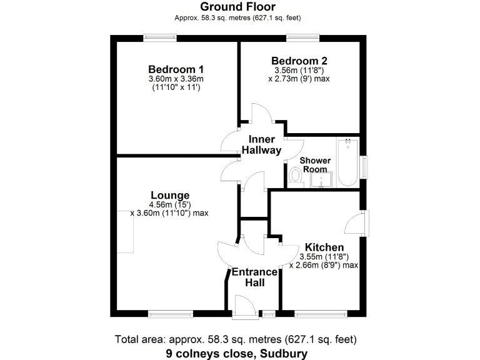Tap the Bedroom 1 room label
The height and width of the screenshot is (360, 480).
point(177,69)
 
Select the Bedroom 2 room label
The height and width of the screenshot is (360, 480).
point(299,61)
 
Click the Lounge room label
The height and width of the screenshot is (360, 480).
point(169,196)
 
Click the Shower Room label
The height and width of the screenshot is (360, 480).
point(315,165)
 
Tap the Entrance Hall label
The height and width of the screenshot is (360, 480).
point(254,277)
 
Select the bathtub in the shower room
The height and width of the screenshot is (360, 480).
point(347,162)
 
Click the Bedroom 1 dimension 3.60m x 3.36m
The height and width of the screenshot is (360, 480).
point(177,79)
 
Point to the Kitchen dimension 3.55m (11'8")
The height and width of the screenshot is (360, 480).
point(323,256)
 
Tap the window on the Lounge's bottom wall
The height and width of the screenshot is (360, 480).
point(171,313)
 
